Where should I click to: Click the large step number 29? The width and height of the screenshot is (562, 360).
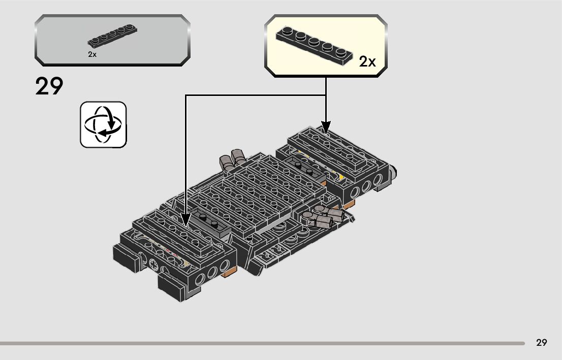coord(49,86)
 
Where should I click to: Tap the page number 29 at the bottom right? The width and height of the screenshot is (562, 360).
coord(542,343)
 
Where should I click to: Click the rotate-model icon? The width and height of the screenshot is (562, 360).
coord(103,125)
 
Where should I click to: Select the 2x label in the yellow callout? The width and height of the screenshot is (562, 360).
coord(367,62)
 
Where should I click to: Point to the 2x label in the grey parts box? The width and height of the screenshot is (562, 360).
coord(92,54)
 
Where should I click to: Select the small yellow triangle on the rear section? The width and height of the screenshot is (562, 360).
coord(341,177)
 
